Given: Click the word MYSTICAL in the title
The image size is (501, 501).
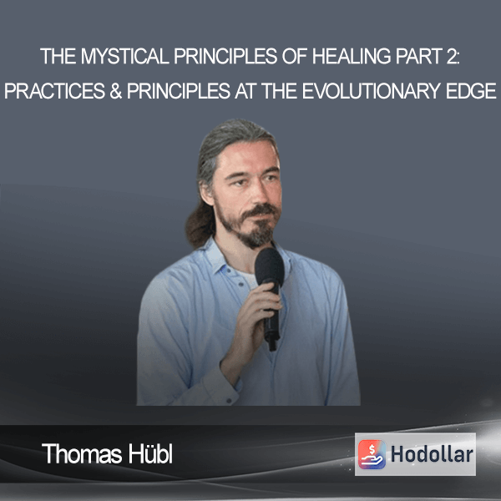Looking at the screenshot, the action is pyautogui.click(x=125, y=56).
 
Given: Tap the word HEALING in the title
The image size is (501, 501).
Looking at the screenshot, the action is pyautogui.click(x=352, y=56).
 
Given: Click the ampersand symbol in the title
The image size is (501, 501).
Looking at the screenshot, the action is pyautogui.click(x=116, y=91).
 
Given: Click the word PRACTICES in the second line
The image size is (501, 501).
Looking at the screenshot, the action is pyautogui.click(x=54, y=91).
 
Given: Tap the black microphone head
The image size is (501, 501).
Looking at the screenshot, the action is pyautogui.click(x=270, y=266).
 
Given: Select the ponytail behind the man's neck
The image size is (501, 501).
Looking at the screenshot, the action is pyautogui.click(x=200, y=224).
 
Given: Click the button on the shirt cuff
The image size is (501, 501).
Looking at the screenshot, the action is pyautogui.click(x=229, y=400).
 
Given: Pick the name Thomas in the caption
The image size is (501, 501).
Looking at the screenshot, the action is pyautogui.click(x=82, y=453).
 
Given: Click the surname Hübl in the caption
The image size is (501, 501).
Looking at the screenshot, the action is pyautogui.click(x=151, y=453).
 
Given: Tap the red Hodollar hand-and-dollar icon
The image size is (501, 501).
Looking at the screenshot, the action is pyautogui.click(x=372, y=454).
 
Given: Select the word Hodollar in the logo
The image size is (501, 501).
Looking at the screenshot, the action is pyautogui.click(x=432, y=454).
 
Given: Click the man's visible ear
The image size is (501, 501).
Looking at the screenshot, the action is pyautogui.click(x=207, y=192).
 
